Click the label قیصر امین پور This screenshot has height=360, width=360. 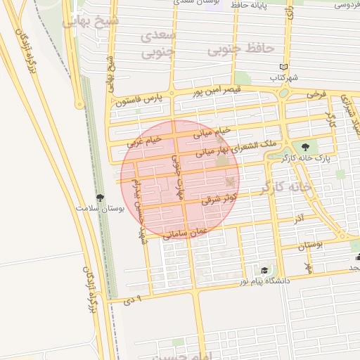(217, 90)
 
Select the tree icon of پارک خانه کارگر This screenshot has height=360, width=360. (305, 147)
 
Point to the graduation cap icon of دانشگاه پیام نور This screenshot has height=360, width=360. (264, 270)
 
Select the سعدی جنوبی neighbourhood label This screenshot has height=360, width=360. (157, 44)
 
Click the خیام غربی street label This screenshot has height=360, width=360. (145, 141)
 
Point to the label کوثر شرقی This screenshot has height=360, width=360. (220, 198)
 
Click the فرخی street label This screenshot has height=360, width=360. (316, 93)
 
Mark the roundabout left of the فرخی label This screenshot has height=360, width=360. (284, 93)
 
